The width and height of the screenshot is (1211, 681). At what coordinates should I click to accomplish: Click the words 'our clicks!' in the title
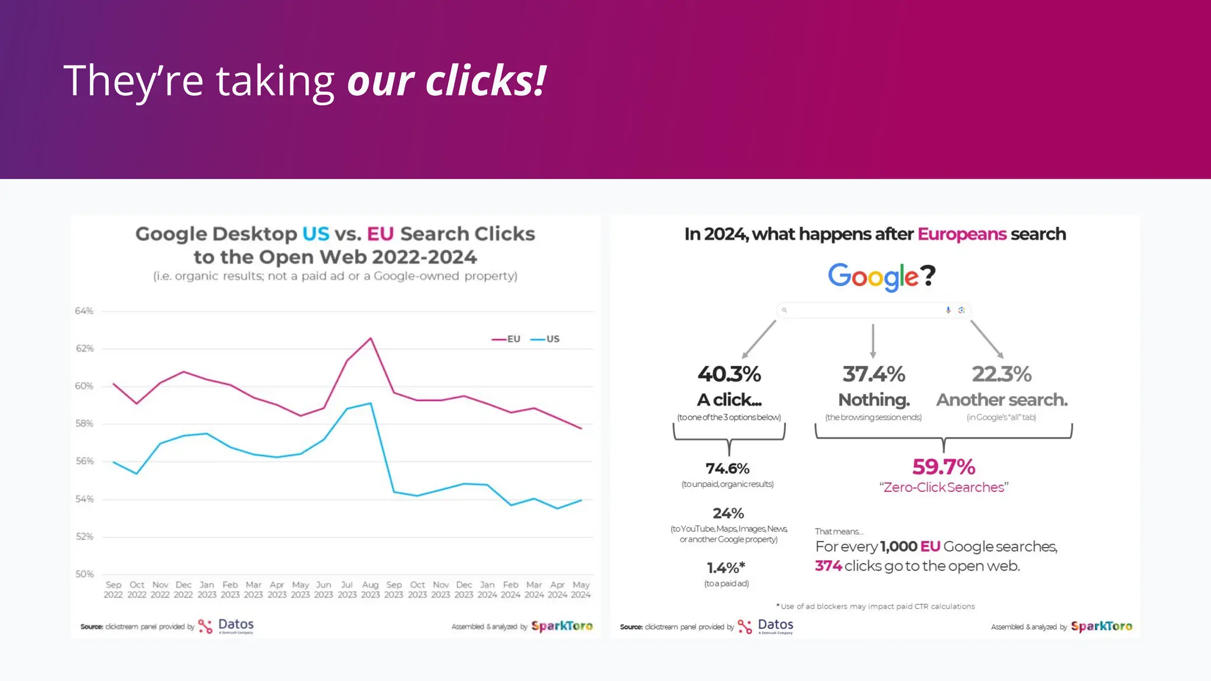point(446,81)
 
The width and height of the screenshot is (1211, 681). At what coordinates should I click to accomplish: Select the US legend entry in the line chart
point(545,339)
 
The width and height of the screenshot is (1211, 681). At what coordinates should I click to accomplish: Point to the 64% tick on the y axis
point(84,311)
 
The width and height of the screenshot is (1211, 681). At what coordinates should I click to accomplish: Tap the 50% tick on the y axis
point(84,574)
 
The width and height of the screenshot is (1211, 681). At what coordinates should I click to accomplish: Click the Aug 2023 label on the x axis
point(370,589)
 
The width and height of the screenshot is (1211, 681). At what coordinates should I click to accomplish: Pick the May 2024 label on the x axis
point(581,589)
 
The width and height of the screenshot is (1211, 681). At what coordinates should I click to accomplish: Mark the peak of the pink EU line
point(371,338)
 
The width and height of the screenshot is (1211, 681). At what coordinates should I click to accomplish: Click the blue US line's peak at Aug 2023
point(371,403)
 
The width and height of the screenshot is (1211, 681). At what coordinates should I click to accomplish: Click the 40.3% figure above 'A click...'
point(729,374)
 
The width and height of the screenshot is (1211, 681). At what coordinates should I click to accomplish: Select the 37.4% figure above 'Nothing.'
point(873,374)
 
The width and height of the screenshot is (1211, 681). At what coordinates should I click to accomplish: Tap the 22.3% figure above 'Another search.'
point(1002,374)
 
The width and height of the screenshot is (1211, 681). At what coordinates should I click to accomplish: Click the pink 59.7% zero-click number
point(943,467)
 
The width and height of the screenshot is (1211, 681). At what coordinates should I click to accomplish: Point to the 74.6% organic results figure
point(727,469)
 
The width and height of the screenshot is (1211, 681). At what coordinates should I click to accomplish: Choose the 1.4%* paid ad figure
point(726,568)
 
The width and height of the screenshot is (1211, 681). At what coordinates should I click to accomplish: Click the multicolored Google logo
point(873,276)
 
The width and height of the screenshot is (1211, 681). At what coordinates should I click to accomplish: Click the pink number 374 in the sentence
point(828,566)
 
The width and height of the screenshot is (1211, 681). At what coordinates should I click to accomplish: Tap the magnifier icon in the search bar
point(785,310)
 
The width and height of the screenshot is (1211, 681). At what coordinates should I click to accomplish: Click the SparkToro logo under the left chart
point(562,626)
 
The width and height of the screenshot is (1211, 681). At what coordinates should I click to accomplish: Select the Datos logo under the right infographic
point(766,626)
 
